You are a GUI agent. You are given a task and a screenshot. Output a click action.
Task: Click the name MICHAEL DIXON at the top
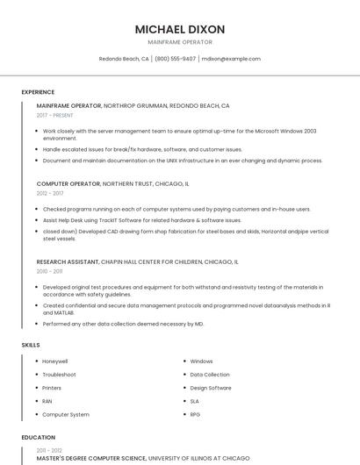(x=180, y=29)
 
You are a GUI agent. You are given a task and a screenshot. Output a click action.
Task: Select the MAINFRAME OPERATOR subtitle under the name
(x=180, y=42)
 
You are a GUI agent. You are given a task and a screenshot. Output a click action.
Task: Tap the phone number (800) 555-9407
(x=175, y=59)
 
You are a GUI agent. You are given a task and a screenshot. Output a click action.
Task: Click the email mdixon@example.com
(x=231, y=59)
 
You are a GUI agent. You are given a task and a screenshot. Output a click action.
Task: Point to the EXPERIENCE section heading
(x=38, y=92)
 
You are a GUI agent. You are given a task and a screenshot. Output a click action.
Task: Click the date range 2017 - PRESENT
(x=55, y=115)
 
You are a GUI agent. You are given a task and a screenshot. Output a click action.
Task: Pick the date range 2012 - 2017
(x=50, y=193)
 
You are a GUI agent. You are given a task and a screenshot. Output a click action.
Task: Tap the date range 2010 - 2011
(x=49, y=271)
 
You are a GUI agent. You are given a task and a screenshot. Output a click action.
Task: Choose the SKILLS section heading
(x=31, y=345)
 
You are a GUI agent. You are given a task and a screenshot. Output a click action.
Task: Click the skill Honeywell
(x=55, y=361)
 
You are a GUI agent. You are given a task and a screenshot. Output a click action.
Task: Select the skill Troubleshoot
(x=59, y=375)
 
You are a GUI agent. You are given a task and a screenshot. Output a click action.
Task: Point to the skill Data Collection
(x=210, y=375)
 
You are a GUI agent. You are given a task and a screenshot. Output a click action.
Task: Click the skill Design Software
(x=211, y=388)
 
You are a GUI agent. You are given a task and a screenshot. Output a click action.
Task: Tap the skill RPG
(x=195, y=414)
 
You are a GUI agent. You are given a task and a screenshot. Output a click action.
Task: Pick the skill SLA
(x=195, y=401)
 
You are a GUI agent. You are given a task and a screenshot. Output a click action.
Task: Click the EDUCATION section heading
(x=38, y=437)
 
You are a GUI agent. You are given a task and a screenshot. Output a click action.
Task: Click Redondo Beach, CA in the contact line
(x=124, y=59)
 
